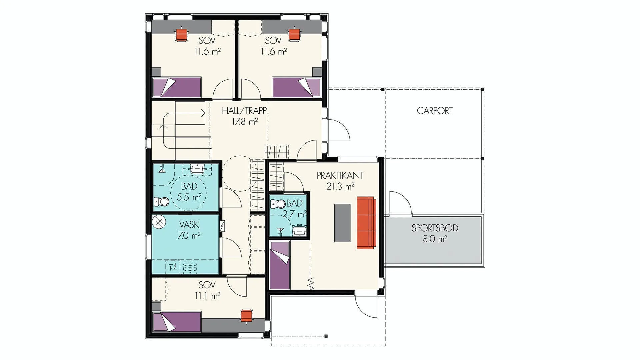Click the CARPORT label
coord(435,111)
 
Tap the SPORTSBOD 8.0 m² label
coord(435,233)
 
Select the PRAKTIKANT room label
coord(340,175)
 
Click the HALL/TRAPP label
coord(244,110)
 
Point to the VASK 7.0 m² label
coord(189,230)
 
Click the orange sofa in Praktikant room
coord(366,223)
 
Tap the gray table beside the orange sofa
coord(343,223)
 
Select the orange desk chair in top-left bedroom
coord(182,34)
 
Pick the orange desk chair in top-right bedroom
coord(295,34)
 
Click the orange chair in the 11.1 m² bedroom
coord(246,315)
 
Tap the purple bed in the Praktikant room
coord(279,265)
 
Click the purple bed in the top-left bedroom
coord(177,87)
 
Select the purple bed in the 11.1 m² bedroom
coord(177,322)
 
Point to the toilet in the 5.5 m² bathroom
coord(161,202)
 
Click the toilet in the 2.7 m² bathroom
coord(278,204)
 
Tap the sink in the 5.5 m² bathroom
coord(197,169)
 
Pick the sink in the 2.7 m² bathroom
coord(299,230)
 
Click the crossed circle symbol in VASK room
coord(159,221)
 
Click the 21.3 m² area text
coord(340,186)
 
